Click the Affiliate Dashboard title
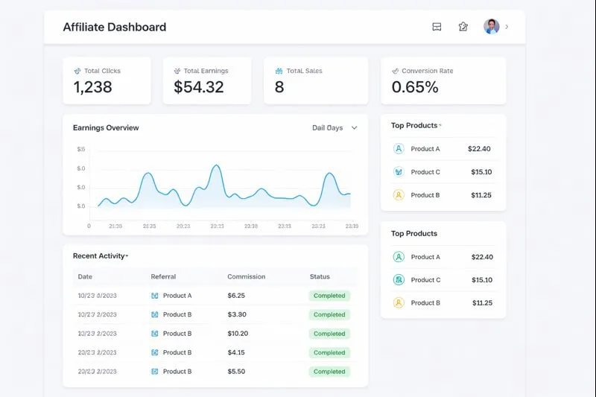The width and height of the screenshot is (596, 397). tap(114, 28)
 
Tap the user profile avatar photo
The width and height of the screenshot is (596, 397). tap(491, 27)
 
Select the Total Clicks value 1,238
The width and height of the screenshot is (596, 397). tap(92, 87)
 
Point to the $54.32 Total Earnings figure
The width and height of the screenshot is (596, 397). tap(198, 87)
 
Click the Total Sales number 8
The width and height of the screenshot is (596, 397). tap(279, 87)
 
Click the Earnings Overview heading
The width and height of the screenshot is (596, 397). tap(106, 128)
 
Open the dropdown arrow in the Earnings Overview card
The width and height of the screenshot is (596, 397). tap(355, 128)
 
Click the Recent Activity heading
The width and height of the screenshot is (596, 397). tap(98, 256)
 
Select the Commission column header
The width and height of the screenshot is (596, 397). tap(246, 277)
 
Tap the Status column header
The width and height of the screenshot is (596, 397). tap(320, 277)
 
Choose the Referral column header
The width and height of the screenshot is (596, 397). tap(163, 277)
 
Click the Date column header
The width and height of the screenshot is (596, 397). tap(85, 277)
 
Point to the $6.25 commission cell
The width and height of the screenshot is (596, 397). tap(236, 296)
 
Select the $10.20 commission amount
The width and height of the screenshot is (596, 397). tap(238, 334)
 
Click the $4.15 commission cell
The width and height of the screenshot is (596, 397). tap(236, 352)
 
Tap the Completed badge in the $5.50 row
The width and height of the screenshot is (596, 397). tap(329, 372)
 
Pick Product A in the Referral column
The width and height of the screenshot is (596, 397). tap(177, 296)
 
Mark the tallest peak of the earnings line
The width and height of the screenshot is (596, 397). tap(216, 165)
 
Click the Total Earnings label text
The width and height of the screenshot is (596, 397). tap(206, 72)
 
